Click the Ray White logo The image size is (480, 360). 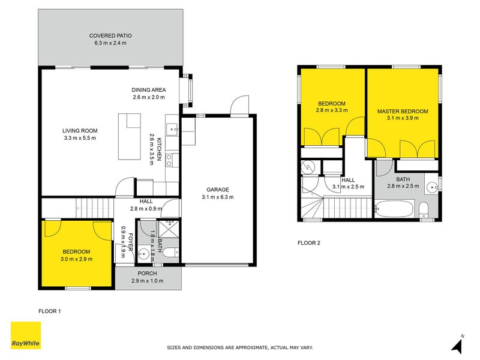(x=26, y=335)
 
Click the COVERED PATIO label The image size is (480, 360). (x=110, y=35)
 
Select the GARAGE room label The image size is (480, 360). (x=218, y=190)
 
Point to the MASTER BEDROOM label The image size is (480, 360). (x=403, y=112)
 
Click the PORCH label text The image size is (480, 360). (x=147, y=274)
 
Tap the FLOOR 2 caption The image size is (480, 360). (x=309, y=243)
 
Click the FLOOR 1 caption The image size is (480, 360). (x=50, y=311)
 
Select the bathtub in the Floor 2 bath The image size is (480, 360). (x=394, y=209)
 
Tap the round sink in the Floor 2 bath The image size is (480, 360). (x=432, y=186)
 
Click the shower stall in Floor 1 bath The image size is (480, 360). (x=168, y=229)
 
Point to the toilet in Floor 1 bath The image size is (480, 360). (x=170, y=253)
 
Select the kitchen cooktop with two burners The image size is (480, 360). (x=169, y=160)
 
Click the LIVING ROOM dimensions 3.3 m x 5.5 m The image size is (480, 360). (x=80, y=138)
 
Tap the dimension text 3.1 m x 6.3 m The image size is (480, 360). (x=218, y=197)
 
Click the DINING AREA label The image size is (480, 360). (x=149, y=90)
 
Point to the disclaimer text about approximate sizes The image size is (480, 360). (x=240, y=347)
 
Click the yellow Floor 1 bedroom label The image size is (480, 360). (x=76, y=251)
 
